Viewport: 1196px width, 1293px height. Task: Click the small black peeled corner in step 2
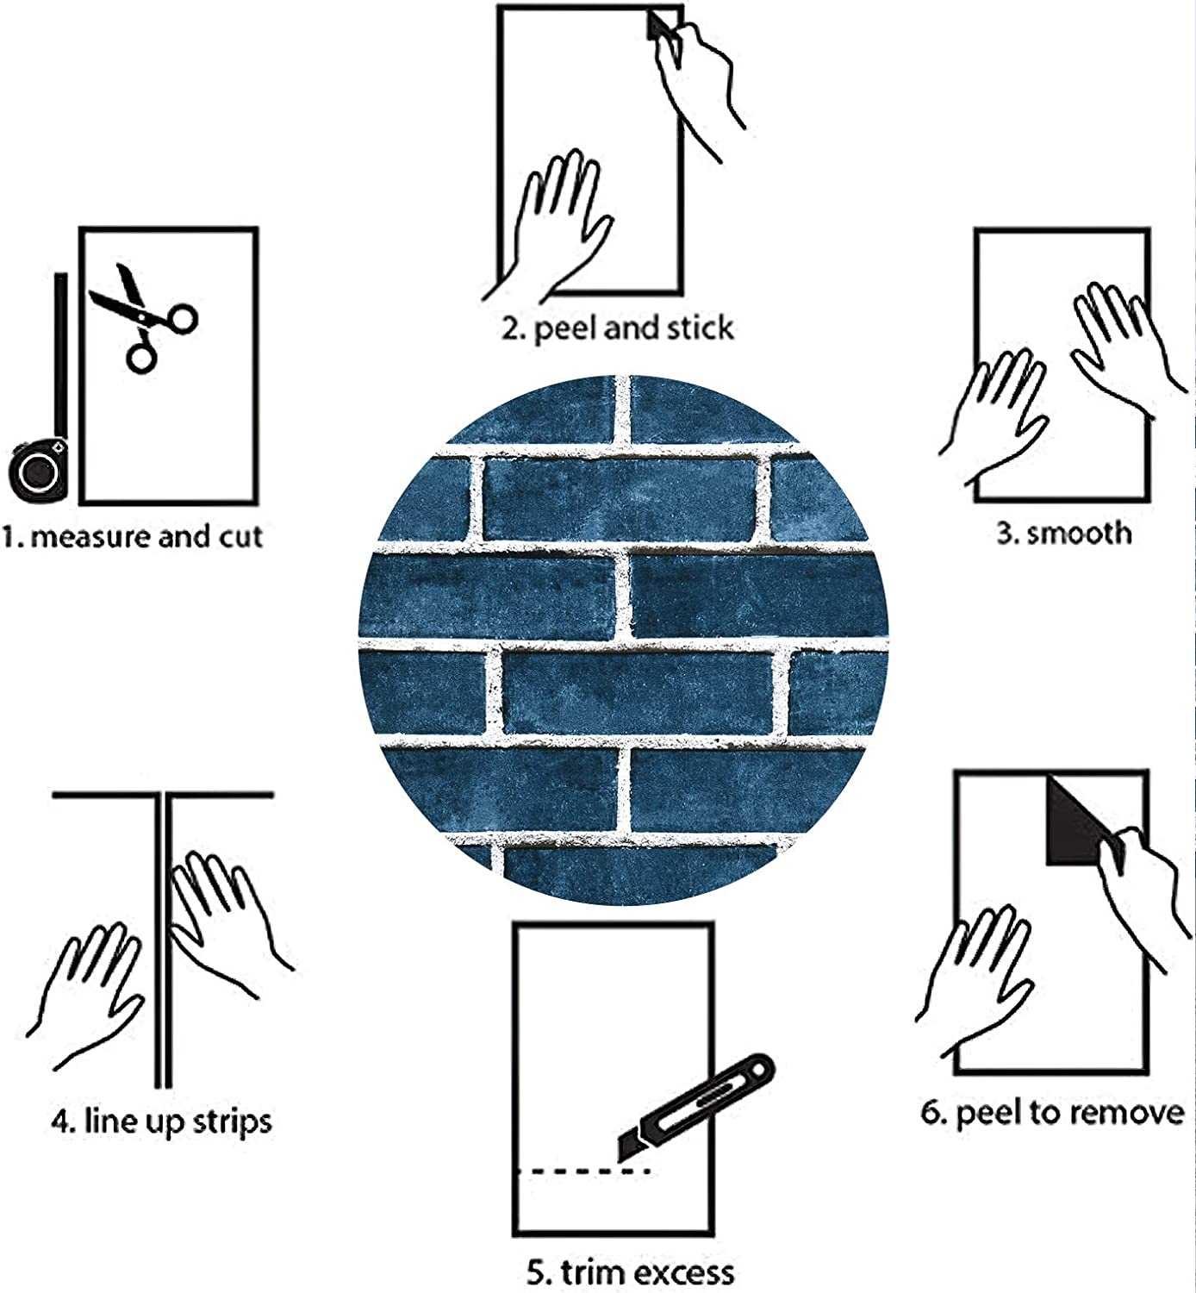pos(659,25)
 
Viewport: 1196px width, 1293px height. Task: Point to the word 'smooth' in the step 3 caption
pos(1080,533)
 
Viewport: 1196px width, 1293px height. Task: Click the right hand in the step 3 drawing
pos(1120,345)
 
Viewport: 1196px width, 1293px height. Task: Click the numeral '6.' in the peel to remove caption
pos(934,1113)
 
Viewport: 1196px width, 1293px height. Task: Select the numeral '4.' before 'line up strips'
pos(63,1122)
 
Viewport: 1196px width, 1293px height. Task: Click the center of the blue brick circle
pos(623,640)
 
